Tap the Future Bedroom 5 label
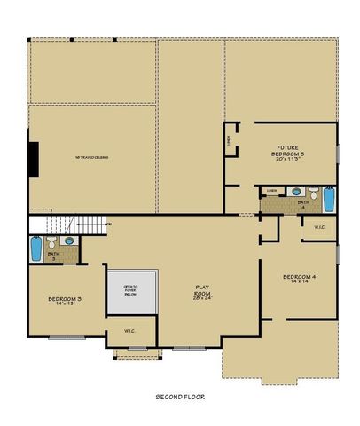pyautogui.click(x=286, y=151)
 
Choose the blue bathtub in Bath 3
pyautogui.click(x=35, y=248)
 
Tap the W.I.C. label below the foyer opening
pyautogui.click(x=129, y=332)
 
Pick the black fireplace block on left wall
pyautogui.click(x=33, y=158)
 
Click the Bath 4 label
pyautogui.click(x=303, y=205)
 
